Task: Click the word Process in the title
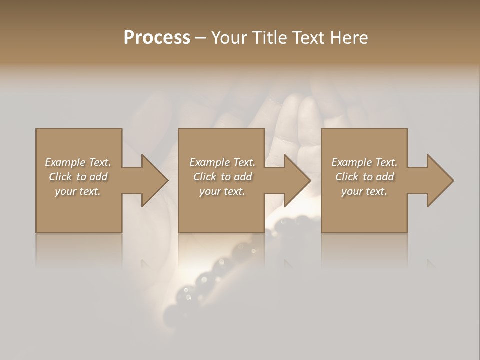[x=157, y=38]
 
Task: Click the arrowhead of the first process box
[x=153, y=180]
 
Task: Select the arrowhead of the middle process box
[x=295, y=180]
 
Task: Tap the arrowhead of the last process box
[x=438, y=180]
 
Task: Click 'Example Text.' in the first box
[x=78, y=162]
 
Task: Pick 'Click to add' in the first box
[x=78, y=177]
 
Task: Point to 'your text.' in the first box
[x=78, y=191]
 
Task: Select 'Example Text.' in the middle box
[x=222, y=162]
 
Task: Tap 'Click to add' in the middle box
[x=222, y=177]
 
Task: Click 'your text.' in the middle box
[x=222, y=191]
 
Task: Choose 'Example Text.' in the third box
[x=364, y=162]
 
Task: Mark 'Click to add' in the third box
[x=364, y=177]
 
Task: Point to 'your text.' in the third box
[x=364, y=191]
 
